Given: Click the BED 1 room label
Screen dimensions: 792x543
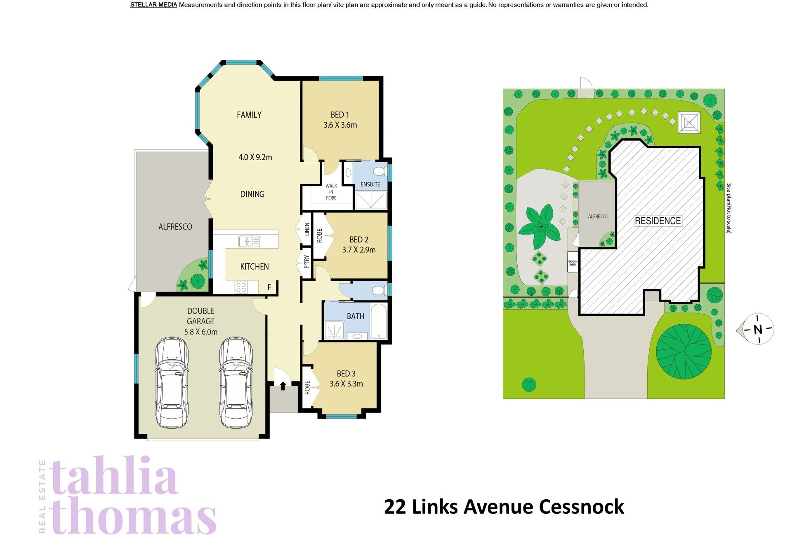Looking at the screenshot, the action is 340,115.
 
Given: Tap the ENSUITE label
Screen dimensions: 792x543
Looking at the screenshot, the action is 370,185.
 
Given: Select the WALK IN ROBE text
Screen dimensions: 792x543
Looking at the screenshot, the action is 331,192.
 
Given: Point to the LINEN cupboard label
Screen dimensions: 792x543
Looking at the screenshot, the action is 307,229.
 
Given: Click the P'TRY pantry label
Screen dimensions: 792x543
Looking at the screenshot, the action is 306,261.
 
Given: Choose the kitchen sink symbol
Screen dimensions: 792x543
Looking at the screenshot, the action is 249,241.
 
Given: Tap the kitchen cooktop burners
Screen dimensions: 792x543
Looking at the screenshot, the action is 241,287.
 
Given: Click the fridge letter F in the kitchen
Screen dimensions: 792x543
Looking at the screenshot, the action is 269,287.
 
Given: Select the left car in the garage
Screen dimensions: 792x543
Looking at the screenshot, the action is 172,382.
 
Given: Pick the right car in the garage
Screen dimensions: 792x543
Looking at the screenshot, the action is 236,382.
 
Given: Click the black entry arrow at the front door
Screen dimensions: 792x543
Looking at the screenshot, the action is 283,386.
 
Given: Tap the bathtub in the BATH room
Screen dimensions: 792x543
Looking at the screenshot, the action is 379,321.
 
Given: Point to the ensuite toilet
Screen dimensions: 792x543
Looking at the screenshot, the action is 379,171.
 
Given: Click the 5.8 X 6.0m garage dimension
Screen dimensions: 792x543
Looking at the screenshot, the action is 201,332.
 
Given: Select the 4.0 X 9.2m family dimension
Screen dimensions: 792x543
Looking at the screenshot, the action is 255,157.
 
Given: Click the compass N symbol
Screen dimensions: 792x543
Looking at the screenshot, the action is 758,330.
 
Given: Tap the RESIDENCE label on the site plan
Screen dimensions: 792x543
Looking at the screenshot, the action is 658,221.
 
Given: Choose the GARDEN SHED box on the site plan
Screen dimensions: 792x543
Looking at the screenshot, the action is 573,262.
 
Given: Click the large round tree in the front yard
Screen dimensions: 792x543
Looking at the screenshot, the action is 684,351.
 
